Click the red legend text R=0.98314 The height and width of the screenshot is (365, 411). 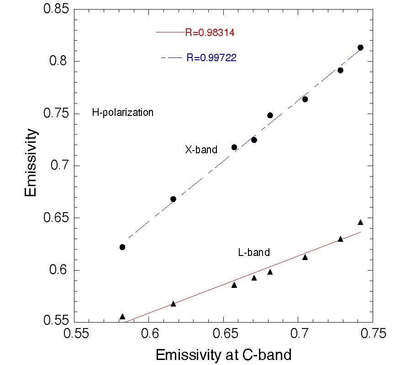tap(210, 32)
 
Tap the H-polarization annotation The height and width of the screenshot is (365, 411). tap(122, 113)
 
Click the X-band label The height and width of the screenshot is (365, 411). tap(201, 149)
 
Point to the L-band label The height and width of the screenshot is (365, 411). tap(254, 252)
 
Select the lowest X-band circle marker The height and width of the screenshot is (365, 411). tap(122, 247)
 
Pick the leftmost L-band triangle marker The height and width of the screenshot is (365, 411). tap(122, 317)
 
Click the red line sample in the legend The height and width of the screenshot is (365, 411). tap(170, 32)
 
